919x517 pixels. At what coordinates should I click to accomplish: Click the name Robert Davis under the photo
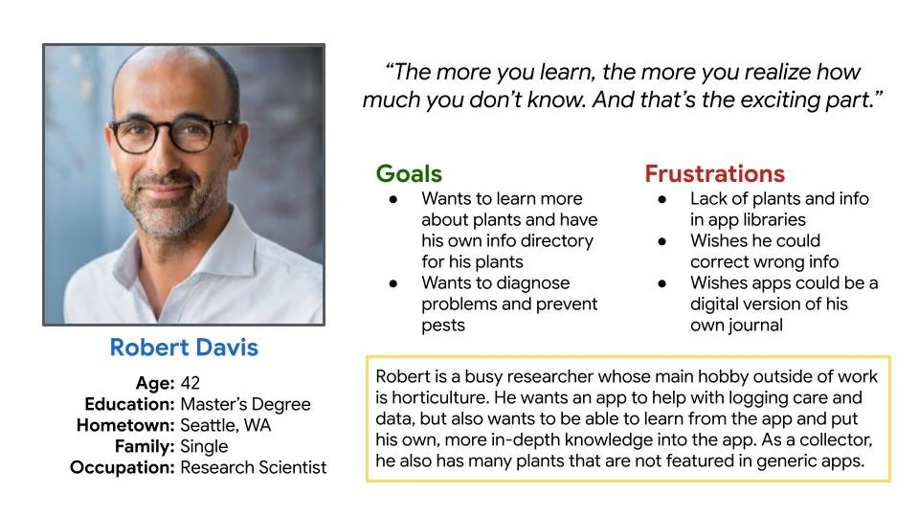(184, 347)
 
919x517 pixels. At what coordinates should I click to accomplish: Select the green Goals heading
(409, 173)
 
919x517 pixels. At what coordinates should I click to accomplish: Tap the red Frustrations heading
(714, 173)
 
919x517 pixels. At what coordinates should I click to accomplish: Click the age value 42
(190, 383)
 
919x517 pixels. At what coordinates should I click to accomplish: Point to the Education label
(129, 404)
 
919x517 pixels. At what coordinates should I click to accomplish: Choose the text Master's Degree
(245, 404)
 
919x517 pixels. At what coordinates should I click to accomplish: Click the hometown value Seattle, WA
(226, 425)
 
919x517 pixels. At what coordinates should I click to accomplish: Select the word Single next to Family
(204, 446)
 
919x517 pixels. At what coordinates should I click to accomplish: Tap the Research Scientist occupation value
(254, 467)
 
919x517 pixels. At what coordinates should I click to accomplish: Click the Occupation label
(122, 467)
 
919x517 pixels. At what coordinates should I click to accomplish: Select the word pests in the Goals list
(443, 325)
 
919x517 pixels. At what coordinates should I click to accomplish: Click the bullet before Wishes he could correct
(663, 240)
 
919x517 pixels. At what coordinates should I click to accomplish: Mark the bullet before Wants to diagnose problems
(393, 282)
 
